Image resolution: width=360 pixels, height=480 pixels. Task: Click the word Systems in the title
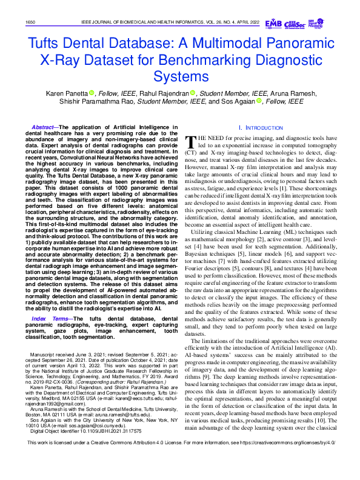(180, 76)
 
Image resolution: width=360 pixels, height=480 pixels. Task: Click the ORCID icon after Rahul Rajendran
(192, 93)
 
